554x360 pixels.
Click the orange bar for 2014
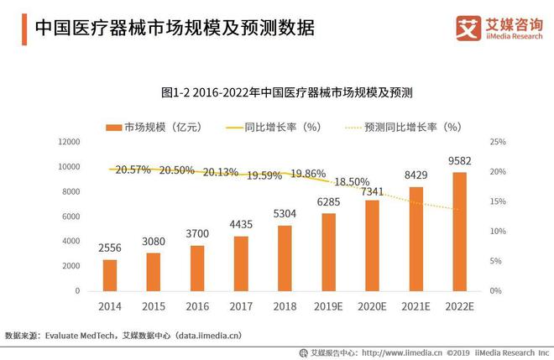(x=110, y=274)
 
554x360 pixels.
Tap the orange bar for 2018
(x=285, y=258)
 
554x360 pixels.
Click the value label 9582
(x=459, y=161)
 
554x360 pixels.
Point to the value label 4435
(x=241, y=226)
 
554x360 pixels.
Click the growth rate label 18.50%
(x=352, y=181)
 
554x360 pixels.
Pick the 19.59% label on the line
(x=264, y=175)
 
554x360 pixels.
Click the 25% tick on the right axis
(x=498, y=143)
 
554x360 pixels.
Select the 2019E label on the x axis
(x=328, y=306)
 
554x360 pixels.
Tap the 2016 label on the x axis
(x=197, y=306)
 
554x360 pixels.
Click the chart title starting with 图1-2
(x=280, y=91)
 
